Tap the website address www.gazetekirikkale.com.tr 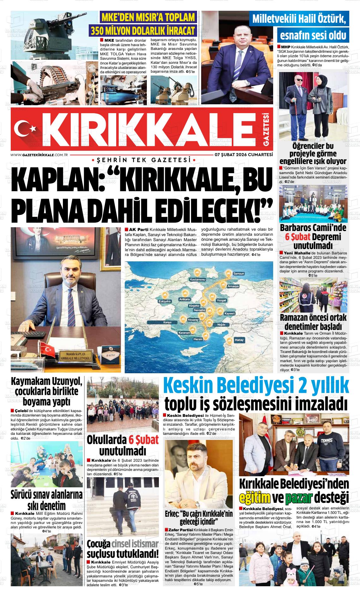tap(40, 155)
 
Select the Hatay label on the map tap(239, 340)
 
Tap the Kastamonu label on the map tap(197, 280)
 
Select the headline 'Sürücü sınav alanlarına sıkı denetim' tap(46, 500)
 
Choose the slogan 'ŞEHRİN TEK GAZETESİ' tap(141, 161)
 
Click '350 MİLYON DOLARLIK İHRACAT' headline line tap(142, 30)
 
